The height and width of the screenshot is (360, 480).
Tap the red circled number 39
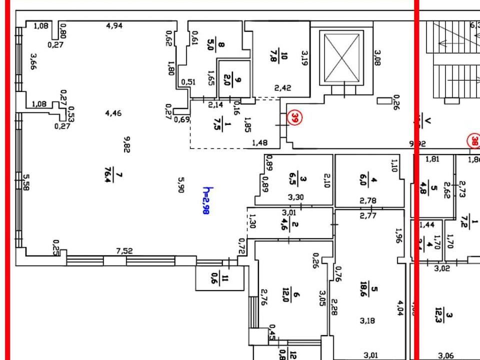[x=296, y=118]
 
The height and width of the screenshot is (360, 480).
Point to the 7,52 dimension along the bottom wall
[x=124, y=251]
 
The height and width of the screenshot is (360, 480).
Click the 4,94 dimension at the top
[x=114, y=25]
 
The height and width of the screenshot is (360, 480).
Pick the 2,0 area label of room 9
[x=227, y=79]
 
